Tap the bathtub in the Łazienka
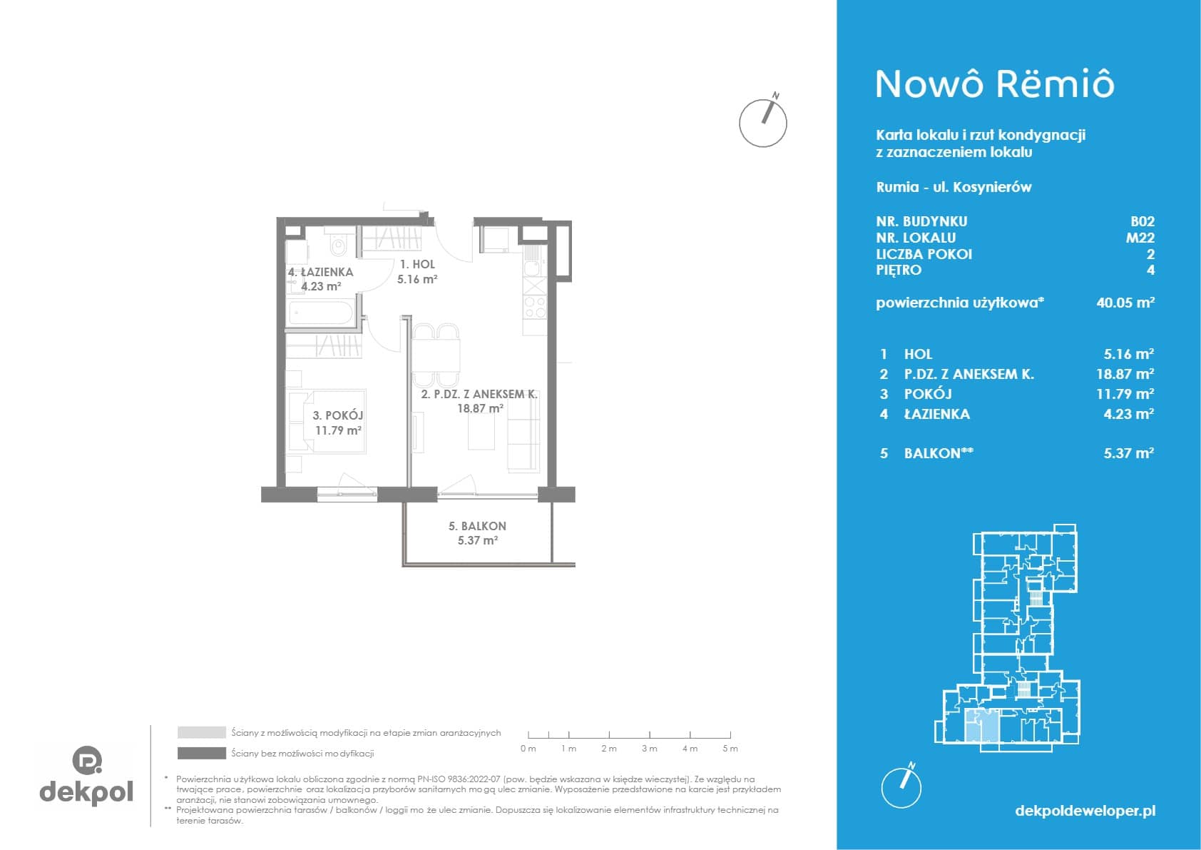[321, 313]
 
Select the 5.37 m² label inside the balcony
[477, 541]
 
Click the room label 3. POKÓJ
[338, 415]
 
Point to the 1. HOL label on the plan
[417, 265]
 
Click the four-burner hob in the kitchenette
[535, 308]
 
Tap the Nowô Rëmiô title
[995, 84]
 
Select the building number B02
[1143, 222]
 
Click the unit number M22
[1140, 238]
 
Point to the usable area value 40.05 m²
[1125, 303]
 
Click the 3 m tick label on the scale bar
[649, 749]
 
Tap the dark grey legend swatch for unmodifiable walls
[202, 754]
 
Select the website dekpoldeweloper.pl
[1085, 811]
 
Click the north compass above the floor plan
[763, 122]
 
